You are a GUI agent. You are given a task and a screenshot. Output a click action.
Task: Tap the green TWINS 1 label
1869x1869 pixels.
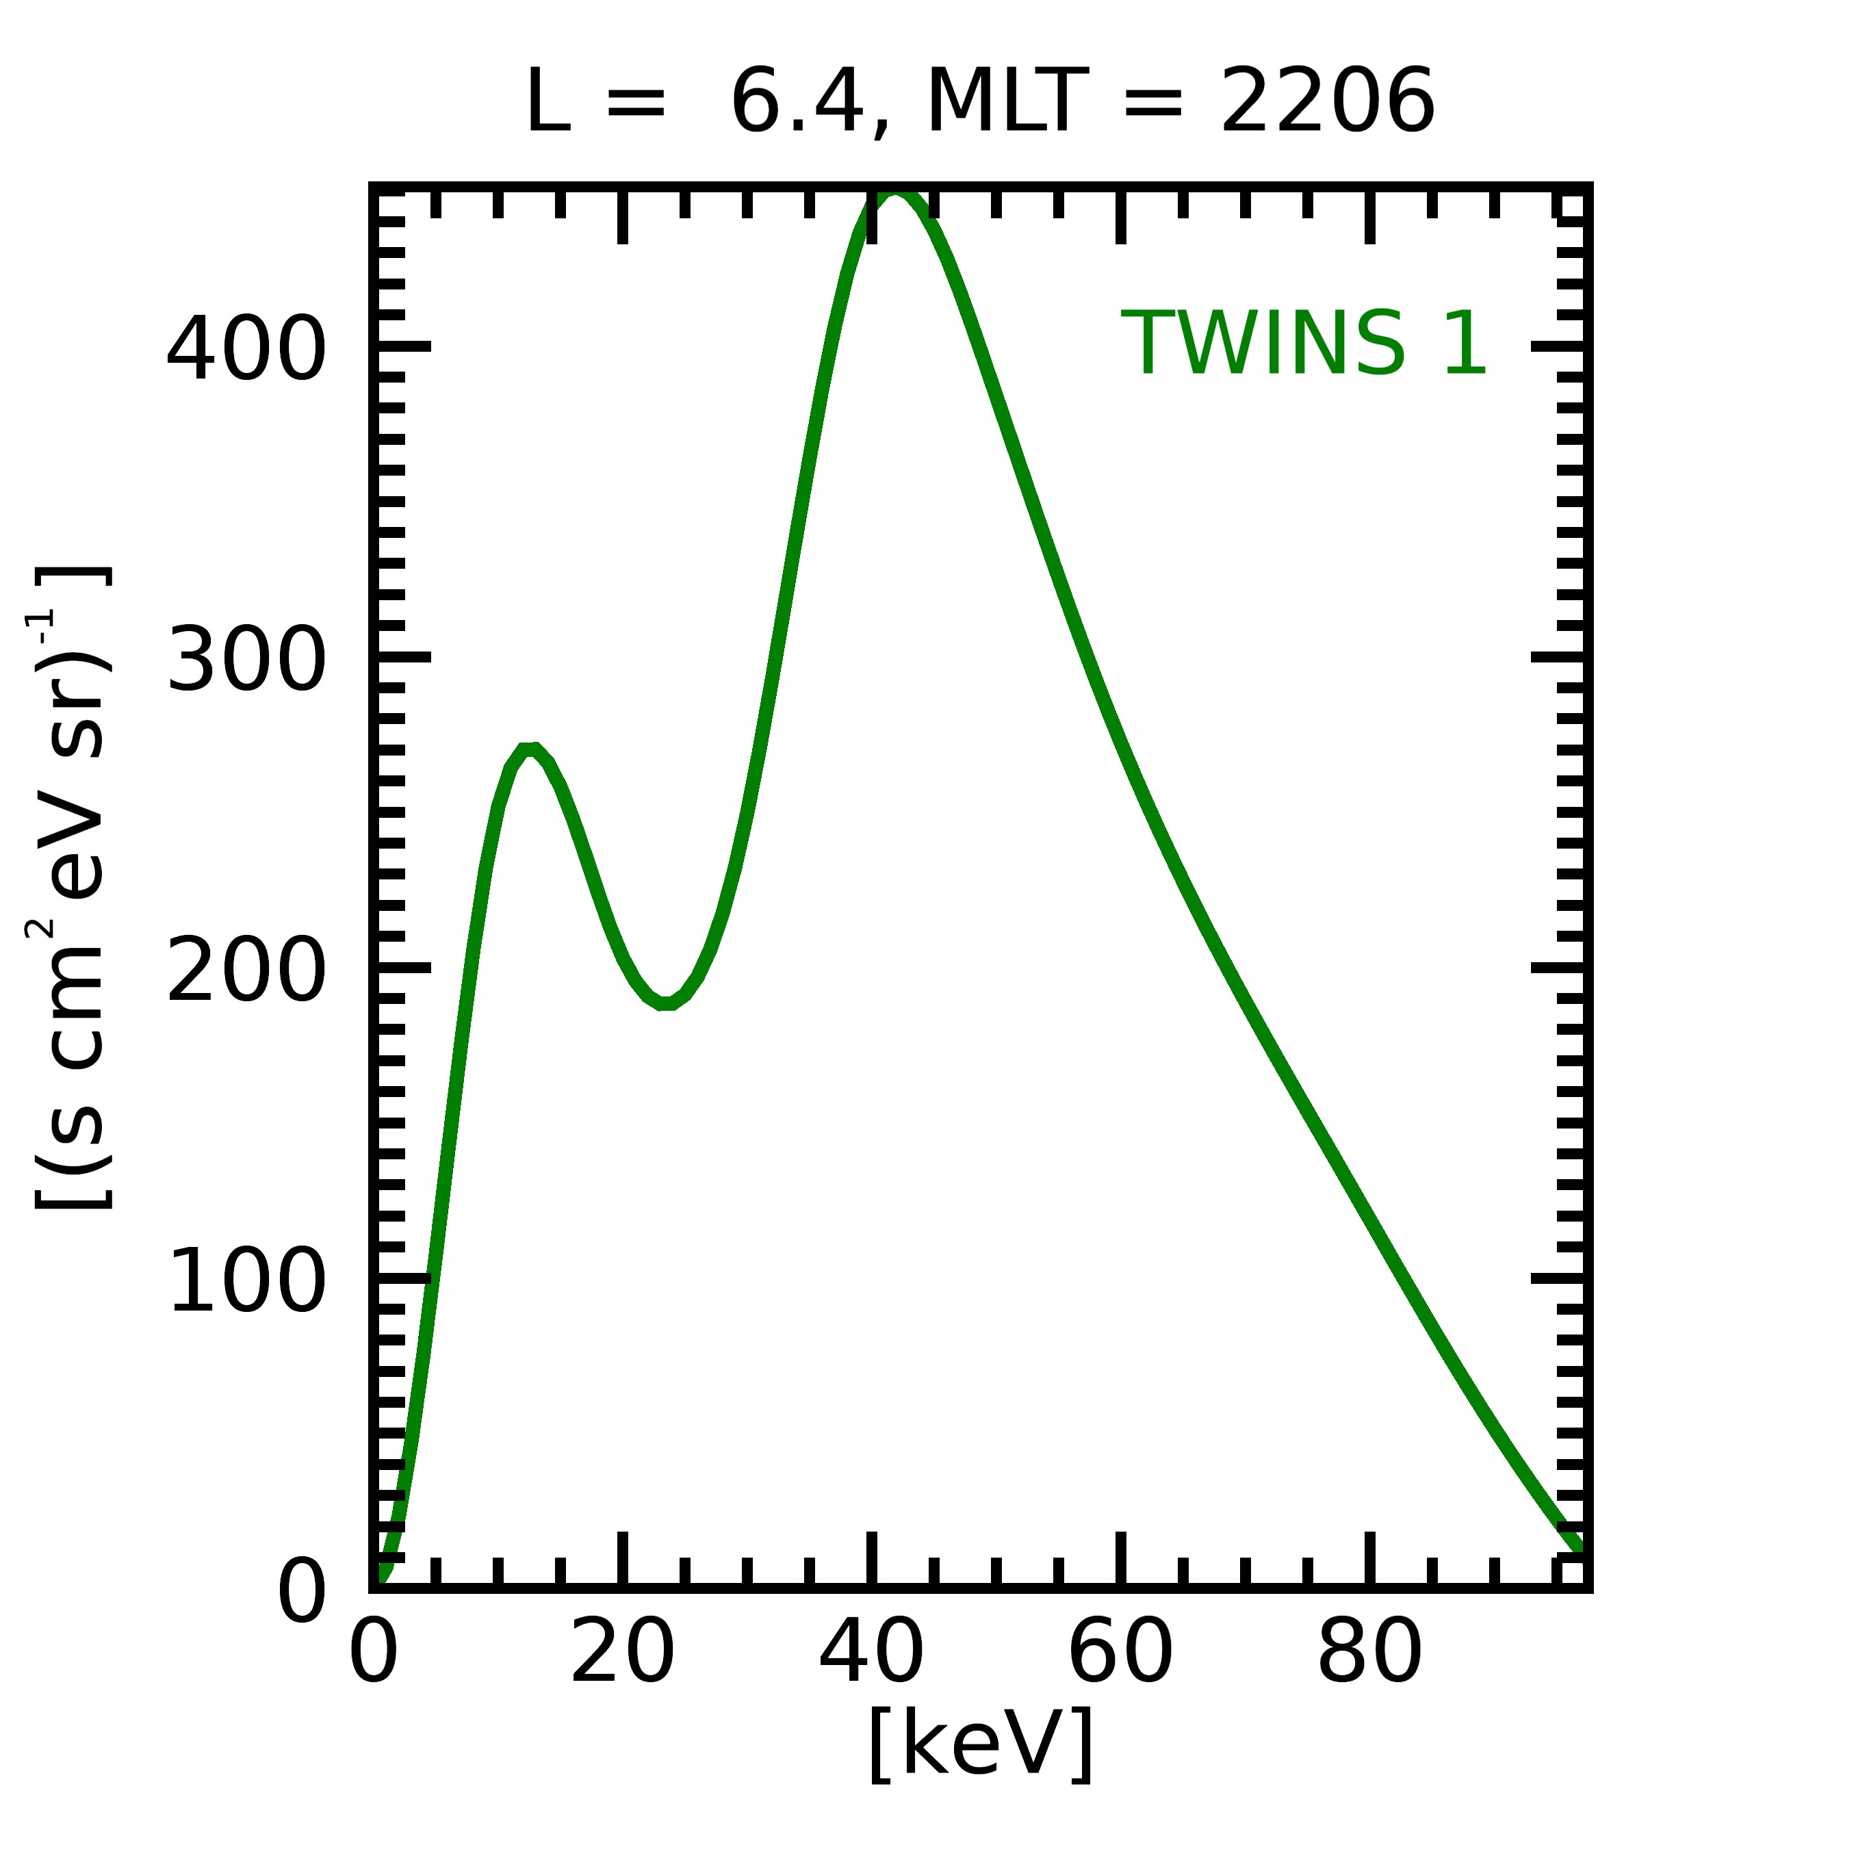point(1304,344)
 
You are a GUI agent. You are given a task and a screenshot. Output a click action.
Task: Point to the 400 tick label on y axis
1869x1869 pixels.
point(246,350)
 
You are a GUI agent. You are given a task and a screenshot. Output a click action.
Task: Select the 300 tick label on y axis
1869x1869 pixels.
point(246,660)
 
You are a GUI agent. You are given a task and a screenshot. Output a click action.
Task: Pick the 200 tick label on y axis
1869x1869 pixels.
point(246,971)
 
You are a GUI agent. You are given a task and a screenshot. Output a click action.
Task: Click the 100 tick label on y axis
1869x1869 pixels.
point(246,1282)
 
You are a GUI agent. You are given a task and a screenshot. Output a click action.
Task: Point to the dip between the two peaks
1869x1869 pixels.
point(667,1003)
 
